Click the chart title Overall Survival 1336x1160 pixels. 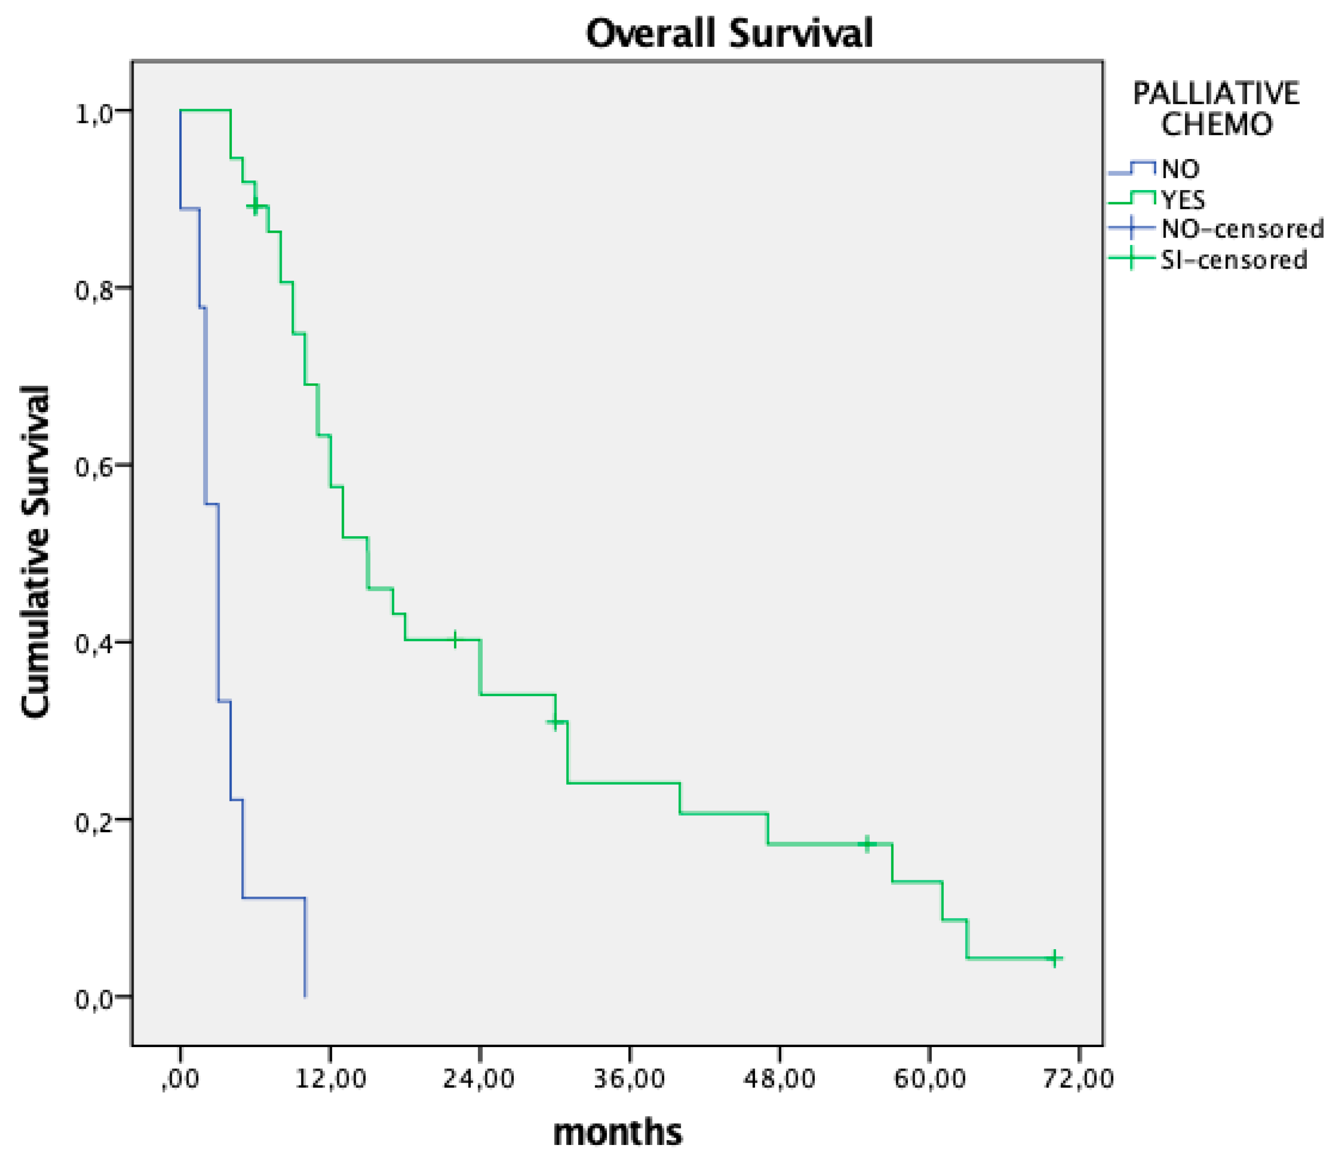730,34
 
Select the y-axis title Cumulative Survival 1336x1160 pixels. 36,551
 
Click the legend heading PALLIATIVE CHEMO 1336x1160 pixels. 1216,109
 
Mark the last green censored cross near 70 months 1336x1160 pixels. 1054,958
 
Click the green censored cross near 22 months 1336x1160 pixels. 455,640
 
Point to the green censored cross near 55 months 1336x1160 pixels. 867,844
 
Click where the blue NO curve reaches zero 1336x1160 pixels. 305,995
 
